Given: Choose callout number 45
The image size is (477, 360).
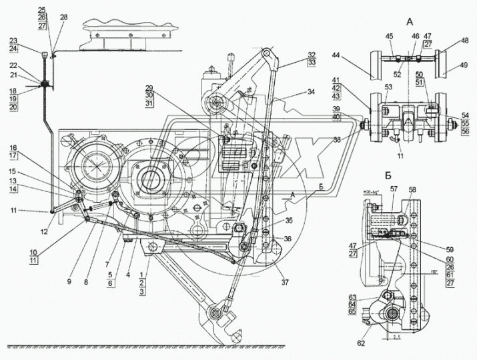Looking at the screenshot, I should click(x=390, y=37).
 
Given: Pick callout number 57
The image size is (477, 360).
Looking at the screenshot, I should click(x=394, y=190).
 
